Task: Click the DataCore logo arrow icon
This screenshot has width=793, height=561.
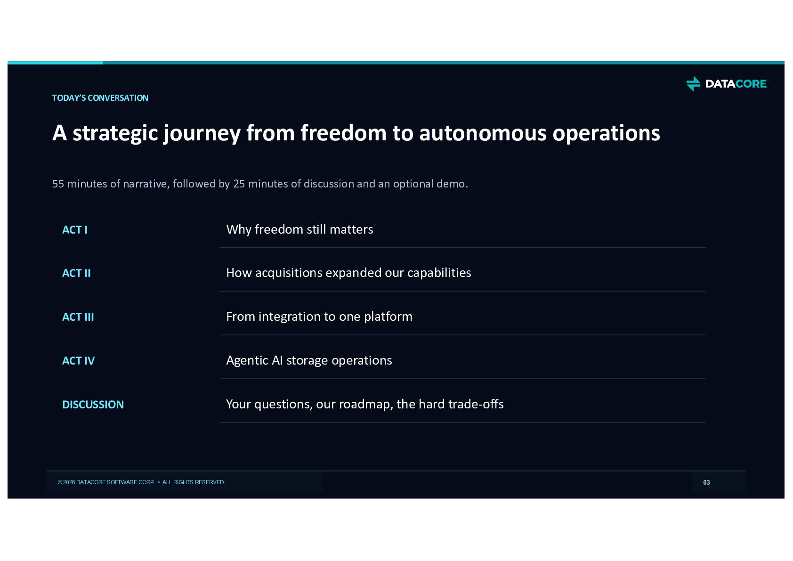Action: (693, 83)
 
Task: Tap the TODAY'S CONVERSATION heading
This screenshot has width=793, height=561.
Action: (100, 98)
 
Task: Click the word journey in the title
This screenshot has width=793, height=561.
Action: (202, 133)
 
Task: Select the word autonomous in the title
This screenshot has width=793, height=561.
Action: (483, 133)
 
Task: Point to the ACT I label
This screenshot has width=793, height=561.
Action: (75, 230)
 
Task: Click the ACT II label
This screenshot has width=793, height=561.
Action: (76, 273)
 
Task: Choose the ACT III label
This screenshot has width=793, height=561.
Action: (78, 317)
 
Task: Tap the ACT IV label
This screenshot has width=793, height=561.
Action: (79, 360)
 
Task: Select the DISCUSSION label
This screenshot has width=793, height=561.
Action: (93, 405)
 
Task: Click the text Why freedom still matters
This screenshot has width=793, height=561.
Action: (299, 229)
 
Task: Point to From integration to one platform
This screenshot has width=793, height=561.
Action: (319, 317)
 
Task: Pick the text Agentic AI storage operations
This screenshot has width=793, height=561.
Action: (309, 360)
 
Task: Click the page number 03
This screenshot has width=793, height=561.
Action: (707, 482)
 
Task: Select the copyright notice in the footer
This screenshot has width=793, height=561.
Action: (142, 482)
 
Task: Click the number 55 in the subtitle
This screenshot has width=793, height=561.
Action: (58, 184)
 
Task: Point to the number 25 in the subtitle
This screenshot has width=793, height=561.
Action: (239, 184)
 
